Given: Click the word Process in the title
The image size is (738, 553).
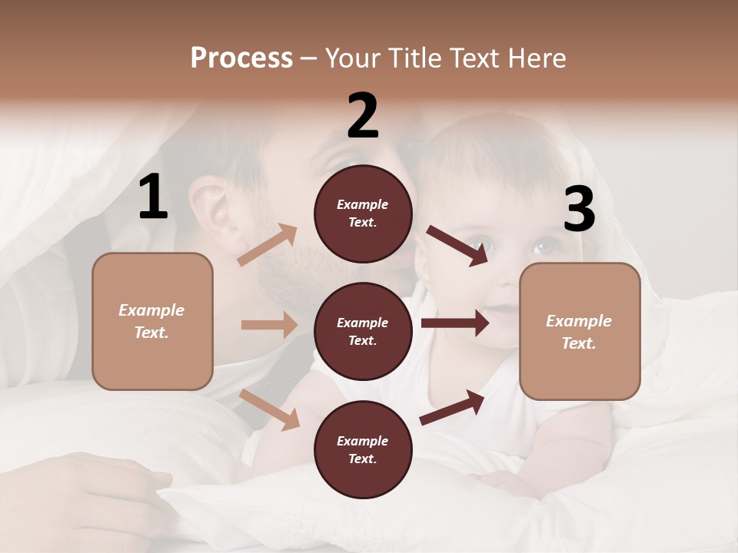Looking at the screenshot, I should [241, 58].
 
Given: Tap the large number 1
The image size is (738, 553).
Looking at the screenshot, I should [153, 197].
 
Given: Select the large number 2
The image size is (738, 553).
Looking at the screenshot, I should [363, 116].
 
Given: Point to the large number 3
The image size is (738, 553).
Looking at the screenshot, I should [579, 210].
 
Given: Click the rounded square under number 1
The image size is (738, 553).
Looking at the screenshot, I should [152, 321].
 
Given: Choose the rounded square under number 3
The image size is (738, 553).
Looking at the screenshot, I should [580, 331].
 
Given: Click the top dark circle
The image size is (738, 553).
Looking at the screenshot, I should [363, 213].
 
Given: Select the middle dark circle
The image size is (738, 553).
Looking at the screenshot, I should [363, 331].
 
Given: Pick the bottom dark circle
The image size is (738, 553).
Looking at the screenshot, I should [363, 449].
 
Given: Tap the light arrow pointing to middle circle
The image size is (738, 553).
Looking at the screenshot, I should [269, 325].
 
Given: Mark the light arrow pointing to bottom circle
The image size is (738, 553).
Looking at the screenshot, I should [270, 409].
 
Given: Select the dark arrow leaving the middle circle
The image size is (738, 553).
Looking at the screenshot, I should [455, 323].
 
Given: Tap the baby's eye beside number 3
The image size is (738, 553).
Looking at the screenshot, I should [544, 247].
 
